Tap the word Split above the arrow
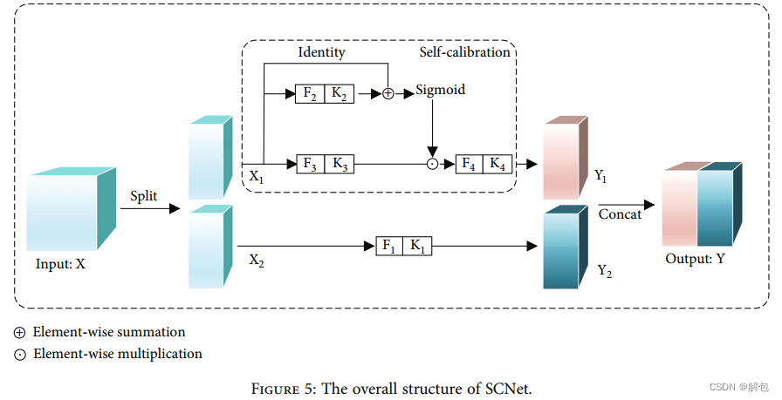click(x=144, y=196)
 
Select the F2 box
click(x=311, y=93)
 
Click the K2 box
click(x=338, y=93)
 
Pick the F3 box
click(x=311, y=163)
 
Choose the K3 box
click(x=338, y=163)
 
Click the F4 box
click(x=470, y=163)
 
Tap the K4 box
click(x=497, y=163)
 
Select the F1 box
click(x=389, y=247)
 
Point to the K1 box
click(x=416, y=247)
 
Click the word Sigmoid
click(x=440, y=90)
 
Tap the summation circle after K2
click(x=388, y=93)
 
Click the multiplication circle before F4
click(x=431, y=164)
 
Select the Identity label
click(x=321, y=52)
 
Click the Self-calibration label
click(x=464, y=52)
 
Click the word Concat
click(x=620, y=214)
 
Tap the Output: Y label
click(x=695, y=260)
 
